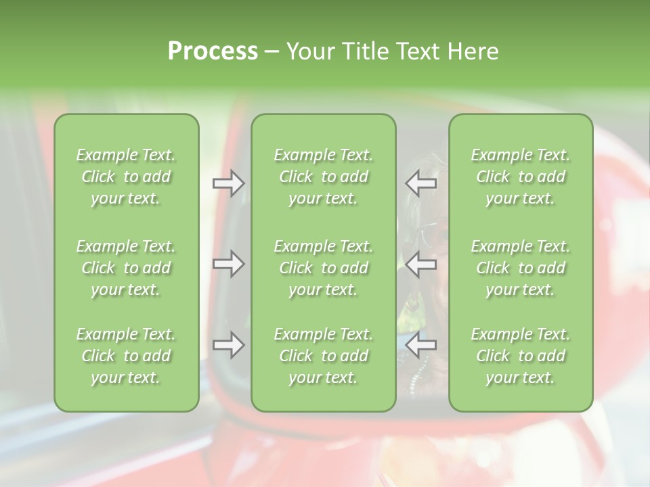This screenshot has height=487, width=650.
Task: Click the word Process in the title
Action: click(x=213, y=51)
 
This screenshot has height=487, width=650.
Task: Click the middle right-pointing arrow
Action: click(x=228, y=264)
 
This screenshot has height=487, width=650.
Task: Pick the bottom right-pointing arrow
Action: click(x=228, y=346)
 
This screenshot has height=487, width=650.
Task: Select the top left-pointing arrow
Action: click(x=421, y=183)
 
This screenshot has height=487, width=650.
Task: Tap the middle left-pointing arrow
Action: click(x=421, y=264)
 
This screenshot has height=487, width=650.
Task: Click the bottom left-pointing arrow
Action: click(x=421, y=346)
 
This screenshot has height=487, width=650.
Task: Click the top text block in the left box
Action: click(x=126, y=177)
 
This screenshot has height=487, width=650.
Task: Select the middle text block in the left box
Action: click(x=126, y=268)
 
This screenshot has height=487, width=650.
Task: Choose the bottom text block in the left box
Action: click(x=126, y=356)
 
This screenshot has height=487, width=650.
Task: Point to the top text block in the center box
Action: click(x=323, y=177)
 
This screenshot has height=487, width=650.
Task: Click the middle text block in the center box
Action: click(x=323, y=268)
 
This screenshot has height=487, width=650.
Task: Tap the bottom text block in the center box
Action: click(x=323, y=356)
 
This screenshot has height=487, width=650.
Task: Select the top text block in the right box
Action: click(x=520, y=177)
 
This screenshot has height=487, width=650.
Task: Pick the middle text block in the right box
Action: click(x=520, y=268)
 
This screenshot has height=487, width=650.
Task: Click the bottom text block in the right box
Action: click(x=520, y=356)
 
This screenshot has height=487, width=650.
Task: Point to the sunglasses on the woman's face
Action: click(x=429, y=235)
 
